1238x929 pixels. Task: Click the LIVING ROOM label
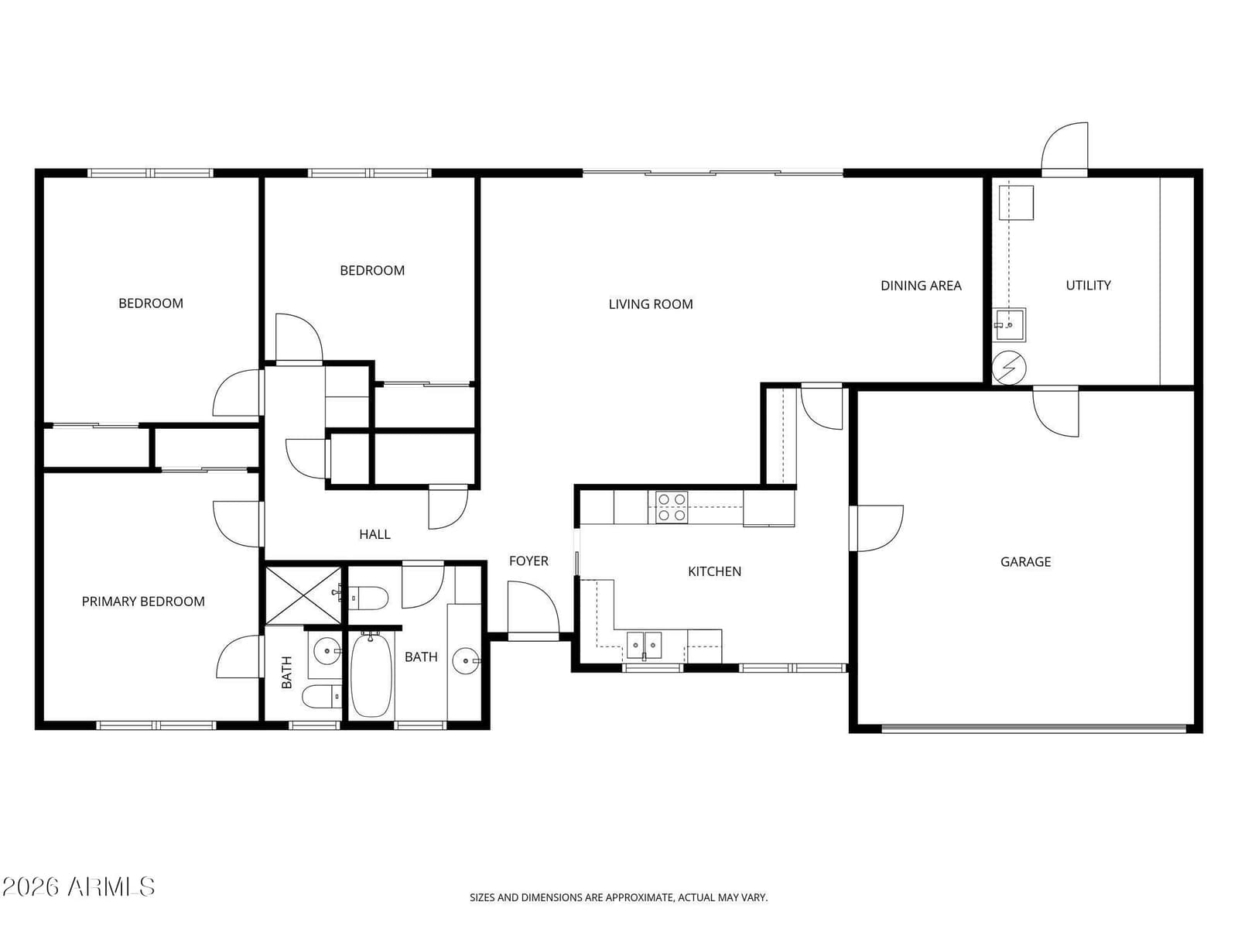click(650, 304)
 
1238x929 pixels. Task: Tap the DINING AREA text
click(921, 286)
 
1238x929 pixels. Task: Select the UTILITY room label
click(1088, 285)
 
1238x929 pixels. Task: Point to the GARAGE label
click(1025, 561)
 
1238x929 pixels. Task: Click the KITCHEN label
click(714, 571)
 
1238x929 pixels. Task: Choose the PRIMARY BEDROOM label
click(143, 602)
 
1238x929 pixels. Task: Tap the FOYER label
click(528, 560)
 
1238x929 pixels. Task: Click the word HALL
click(374, 534)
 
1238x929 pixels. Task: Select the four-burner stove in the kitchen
click(671, 508)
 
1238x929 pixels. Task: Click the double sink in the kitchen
click(644, 646)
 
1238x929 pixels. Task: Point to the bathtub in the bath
click(371, 674)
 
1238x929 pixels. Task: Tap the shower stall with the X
click(303, 595)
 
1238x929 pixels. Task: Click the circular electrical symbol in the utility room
click(1008, 368)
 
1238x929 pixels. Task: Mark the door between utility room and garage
click(1056, 412)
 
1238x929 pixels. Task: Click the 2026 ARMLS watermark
click(78, 886)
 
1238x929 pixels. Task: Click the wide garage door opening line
click(1033, 728)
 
